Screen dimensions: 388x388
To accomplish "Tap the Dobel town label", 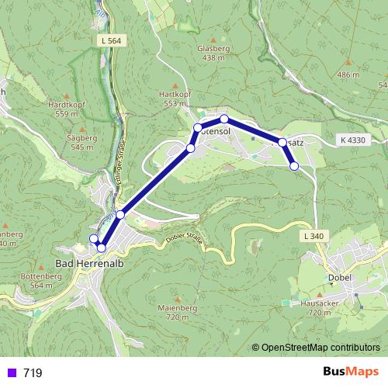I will pos(340,278).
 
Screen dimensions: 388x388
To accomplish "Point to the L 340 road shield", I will pos(313,235).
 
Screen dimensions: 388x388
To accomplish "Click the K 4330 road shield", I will pos(352,140).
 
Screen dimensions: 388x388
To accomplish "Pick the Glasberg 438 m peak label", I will pos(213,52).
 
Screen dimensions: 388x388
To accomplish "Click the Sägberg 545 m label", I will pos(82,141).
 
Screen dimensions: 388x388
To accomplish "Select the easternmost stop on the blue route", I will pos(294,166).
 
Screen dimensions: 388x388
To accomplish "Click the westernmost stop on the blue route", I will pos(94,239).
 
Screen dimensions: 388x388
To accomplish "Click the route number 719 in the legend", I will pos(33,373).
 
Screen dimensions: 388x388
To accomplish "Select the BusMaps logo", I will pos(347,372).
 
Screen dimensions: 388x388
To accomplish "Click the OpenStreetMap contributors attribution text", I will pos(320,348).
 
